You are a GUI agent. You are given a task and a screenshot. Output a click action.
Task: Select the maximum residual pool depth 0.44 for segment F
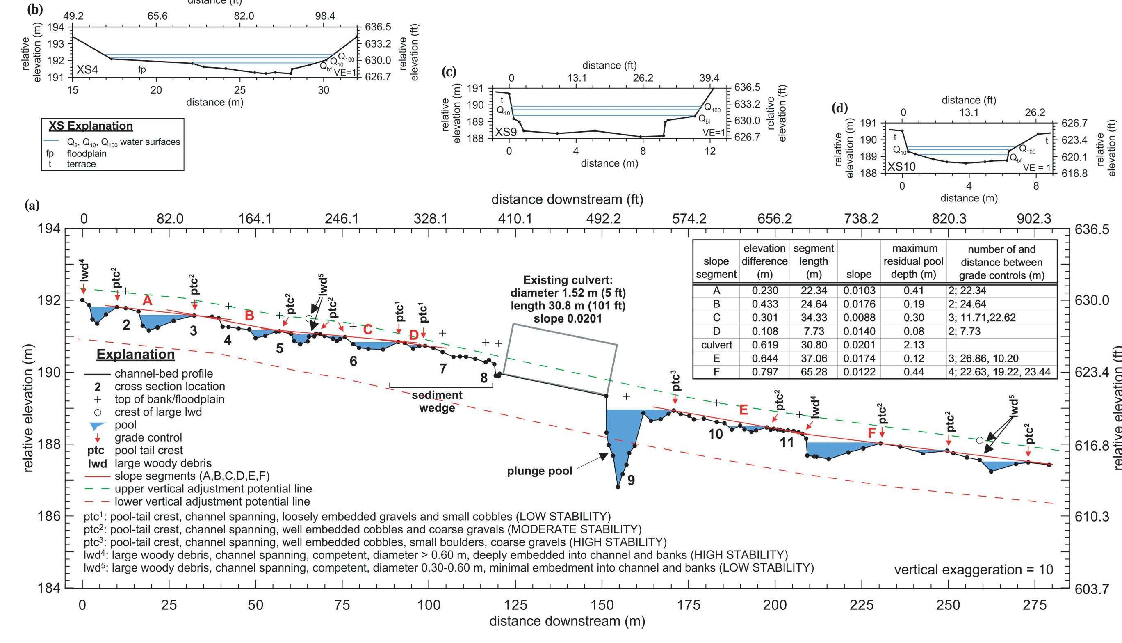click(913, 372)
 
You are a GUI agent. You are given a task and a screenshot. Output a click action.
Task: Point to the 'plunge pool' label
click(539, 471)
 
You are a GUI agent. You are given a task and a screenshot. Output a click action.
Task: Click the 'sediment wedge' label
click(437, 401)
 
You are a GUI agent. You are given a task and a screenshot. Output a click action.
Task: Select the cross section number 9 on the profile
click(631, 480)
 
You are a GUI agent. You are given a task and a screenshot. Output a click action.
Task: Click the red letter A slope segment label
click(147, 301)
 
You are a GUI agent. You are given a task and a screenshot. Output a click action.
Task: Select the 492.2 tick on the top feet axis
click(603, 219)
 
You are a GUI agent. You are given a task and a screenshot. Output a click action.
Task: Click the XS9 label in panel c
click(506, 132)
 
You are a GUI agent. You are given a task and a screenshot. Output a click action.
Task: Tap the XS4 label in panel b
click(87, 70)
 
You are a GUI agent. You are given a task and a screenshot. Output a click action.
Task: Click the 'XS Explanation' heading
click(91, 126)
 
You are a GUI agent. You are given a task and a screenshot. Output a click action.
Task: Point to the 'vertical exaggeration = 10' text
click(973, 570)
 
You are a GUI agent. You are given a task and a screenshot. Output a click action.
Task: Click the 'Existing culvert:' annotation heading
click(568, 280)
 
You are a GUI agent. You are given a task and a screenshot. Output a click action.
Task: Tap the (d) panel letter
click(839, 108)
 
